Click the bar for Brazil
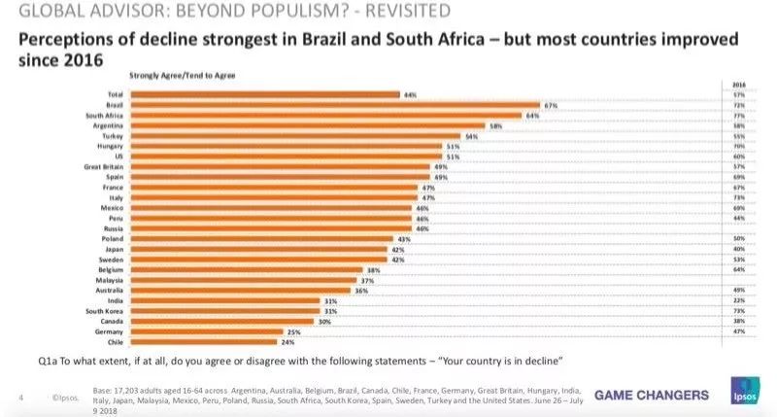tap(335, 104)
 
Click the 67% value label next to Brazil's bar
tap(549, 104)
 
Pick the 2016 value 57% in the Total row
tap(738, 94)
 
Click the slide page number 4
tap(21, 397)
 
